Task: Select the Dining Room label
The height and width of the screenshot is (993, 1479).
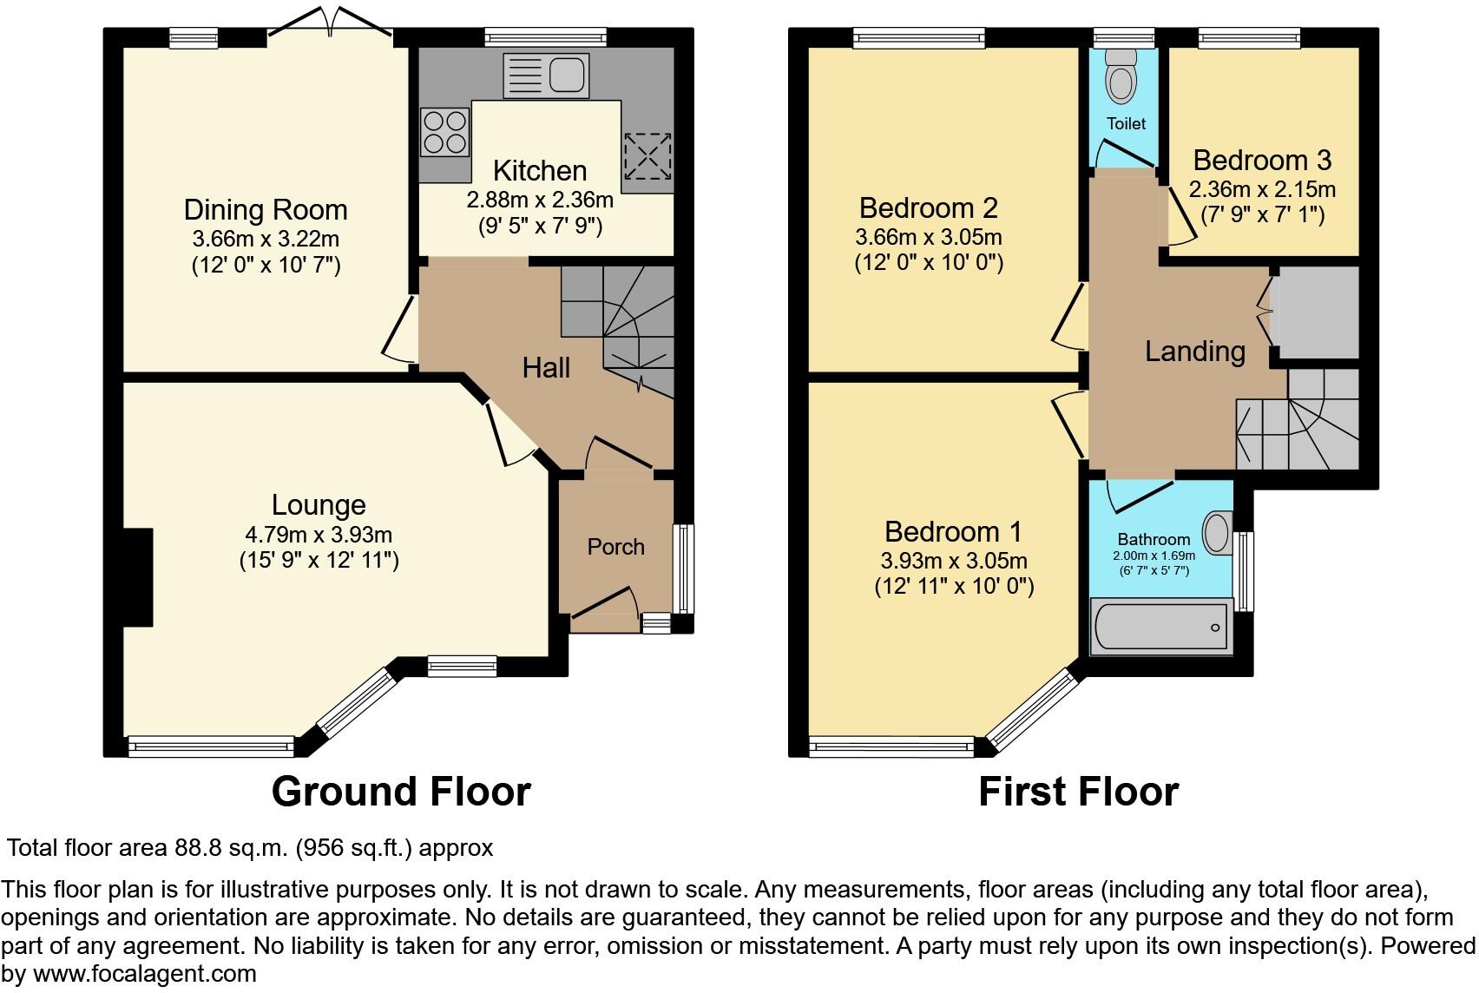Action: tap(266, 210)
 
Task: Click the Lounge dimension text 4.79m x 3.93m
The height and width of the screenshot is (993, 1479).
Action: tap(319, 535)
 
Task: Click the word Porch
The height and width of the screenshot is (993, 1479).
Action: tap(615, 547)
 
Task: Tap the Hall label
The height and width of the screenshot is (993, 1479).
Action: tap(546, 368)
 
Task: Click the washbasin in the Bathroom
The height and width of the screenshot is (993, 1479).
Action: tap(1217, 530)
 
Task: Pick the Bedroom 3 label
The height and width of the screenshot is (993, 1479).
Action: tap(1262, 161)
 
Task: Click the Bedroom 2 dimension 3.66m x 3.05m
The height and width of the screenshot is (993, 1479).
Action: tap(929, 237)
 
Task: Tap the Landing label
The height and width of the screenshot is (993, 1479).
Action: tap(1194, 352)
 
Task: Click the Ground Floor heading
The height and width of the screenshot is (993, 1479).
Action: tap(401, 792)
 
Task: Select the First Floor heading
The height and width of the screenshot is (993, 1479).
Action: tap(1078, 792)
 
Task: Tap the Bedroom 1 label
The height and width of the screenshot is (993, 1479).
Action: tap(953, 531)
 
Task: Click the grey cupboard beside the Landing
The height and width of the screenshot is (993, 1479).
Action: tap(1316, 312)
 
